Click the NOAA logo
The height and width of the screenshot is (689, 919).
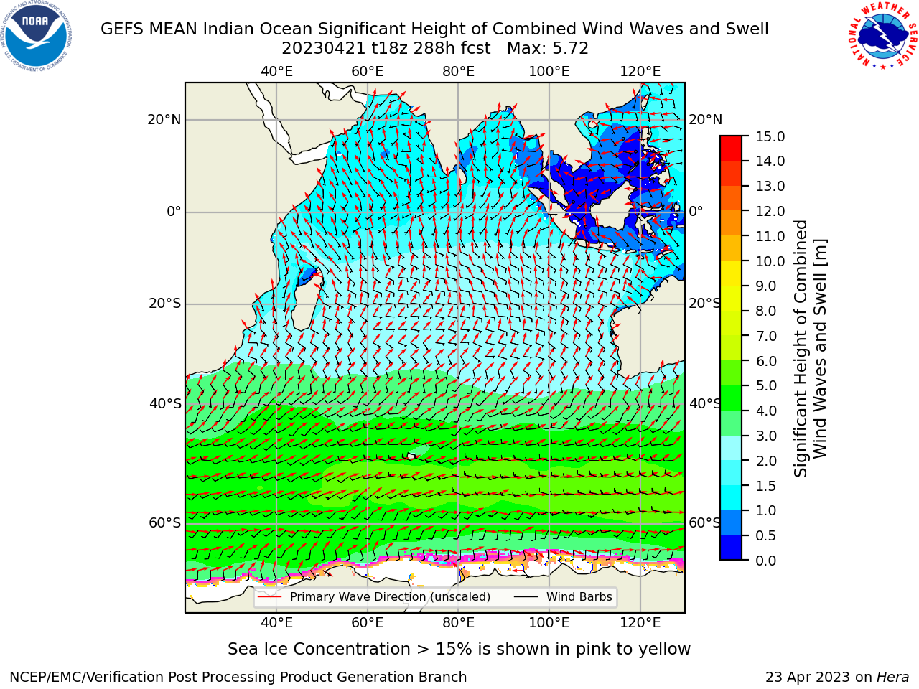37,36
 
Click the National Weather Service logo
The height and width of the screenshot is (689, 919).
882,35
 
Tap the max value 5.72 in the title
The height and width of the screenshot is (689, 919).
568,49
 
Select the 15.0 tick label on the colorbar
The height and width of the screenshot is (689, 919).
770,136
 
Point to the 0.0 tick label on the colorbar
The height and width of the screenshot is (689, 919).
766,561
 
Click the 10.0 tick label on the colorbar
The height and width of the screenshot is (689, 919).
770,261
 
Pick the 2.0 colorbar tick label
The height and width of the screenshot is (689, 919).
766,461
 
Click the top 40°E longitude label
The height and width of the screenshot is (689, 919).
276,72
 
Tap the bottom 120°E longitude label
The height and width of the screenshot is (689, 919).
640,623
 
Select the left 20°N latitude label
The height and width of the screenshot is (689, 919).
164,120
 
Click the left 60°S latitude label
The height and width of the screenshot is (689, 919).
165,523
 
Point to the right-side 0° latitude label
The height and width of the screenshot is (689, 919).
696,211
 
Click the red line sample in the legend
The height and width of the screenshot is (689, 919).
270,597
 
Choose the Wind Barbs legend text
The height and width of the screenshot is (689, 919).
579,597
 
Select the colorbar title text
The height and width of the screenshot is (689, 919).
810,349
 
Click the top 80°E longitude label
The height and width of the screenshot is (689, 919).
459,72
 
